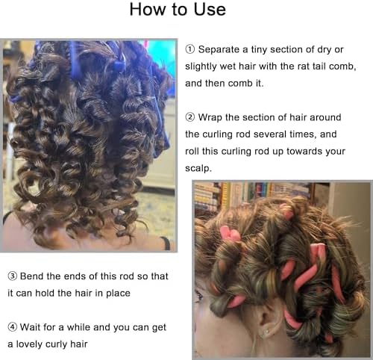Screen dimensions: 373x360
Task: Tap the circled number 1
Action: [x=190, y=49]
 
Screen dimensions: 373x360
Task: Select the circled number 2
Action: [x=190, y=117]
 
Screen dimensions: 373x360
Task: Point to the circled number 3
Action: [x=13, y=276]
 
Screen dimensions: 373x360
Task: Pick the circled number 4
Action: [x=13, y=327]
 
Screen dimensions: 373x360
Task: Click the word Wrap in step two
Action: [x=210, y=118]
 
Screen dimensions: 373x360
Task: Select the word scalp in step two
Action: [x=198, y=169]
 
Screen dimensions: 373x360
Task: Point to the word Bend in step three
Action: [x=32, y=276]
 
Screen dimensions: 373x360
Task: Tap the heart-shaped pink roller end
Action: [x=230, y=234]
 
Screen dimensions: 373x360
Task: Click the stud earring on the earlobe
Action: [x=267, y=331]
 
